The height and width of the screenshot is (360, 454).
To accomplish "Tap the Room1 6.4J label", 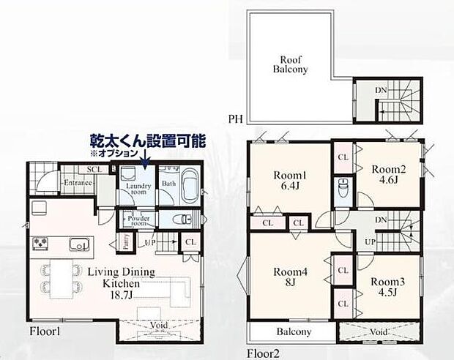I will [x=290, y=181].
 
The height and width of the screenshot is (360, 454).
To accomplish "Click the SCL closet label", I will [x=94, y=169].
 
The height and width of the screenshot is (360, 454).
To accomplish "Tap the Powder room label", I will [x=138, y=220].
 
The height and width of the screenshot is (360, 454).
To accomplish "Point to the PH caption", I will [x=235, y=118].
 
